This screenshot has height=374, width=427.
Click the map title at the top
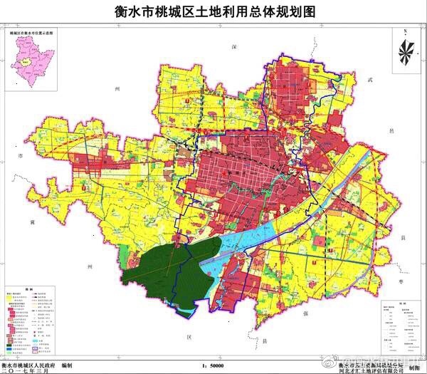pyautogui.click(x=213, y=12)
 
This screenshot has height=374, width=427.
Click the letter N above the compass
pyautogui.click(x=403, y=32)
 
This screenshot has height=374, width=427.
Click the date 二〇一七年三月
pyautogui.click(x=29, y=370)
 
